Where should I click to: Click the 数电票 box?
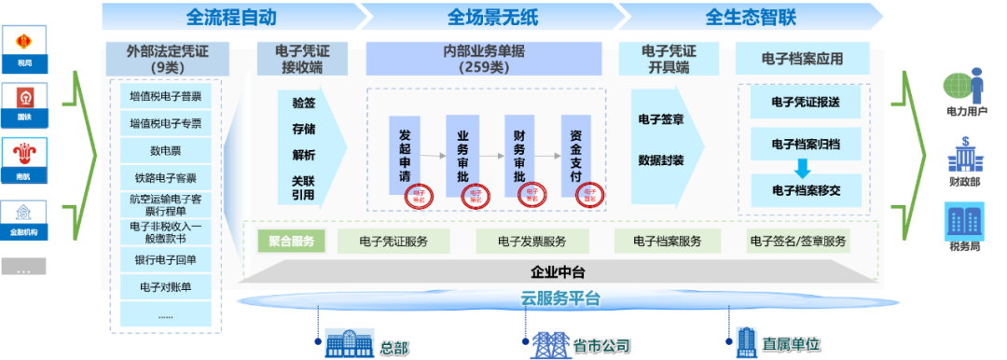165,150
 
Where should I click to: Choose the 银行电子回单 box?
165,259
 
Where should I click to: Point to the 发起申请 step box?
404,155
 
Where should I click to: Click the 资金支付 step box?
576,155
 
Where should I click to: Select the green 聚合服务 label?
291,242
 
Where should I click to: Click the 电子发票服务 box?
532,242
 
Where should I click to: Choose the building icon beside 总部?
349,344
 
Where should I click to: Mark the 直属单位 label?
791,344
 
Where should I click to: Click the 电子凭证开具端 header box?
669,58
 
